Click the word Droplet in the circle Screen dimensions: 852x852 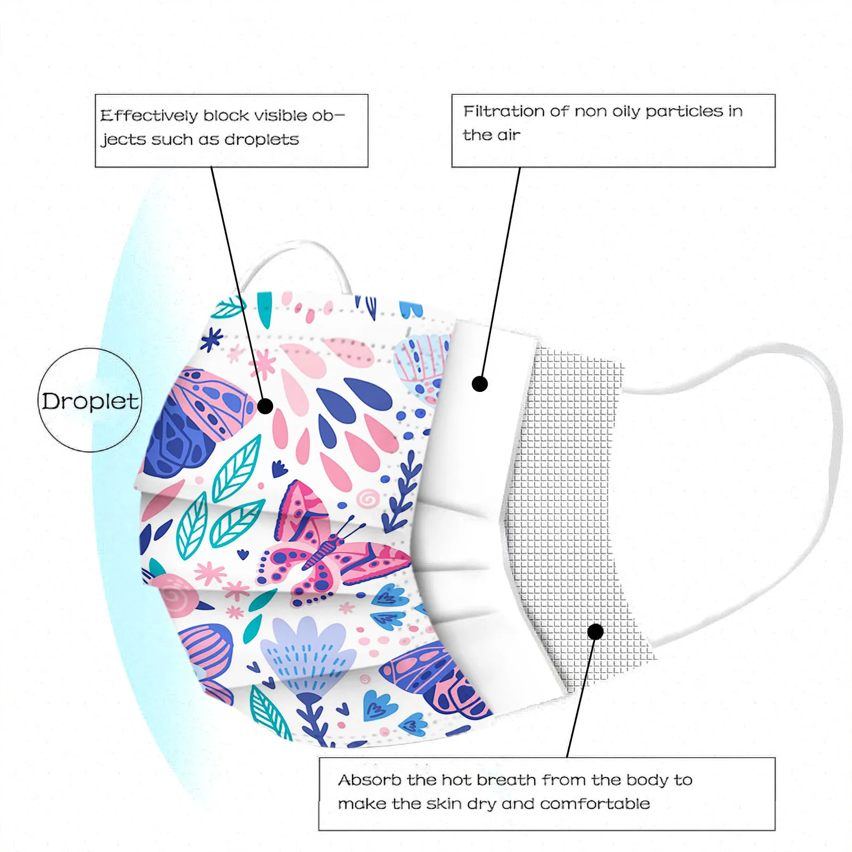point(90,402)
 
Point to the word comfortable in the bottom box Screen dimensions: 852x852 point(595,804)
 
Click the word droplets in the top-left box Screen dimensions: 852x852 point(261,140)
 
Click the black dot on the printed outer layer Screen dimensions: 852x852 point(265,406)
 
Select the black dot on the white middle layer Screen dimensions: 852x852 point(480,383)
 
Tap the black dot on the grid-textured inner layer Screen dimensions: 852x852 point(595,632)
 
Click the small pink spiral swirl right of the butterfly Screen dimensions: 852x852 point(367,499)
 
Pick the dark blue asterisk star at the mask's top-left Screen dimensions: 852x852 point(212,339)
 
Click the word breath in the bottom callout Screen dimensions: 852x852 point(506,780)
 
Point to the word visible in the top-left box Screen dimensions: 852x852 point(281,116)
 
